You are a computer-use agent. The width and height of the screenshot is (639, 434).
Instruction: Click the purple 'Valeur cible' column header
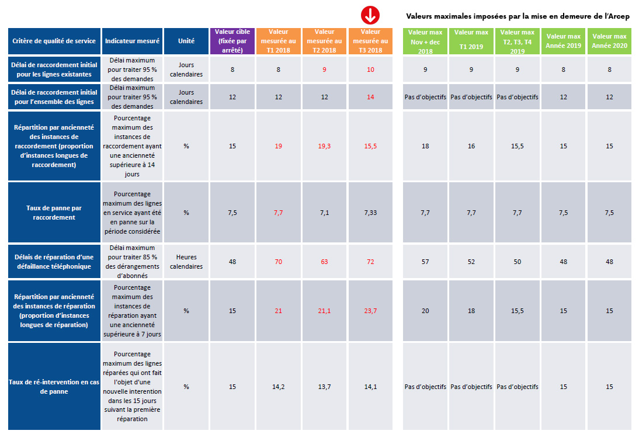click(232, 41)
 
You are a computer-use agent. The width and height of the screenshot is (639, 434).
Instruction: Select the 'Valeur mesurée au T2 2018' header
click(324, 41)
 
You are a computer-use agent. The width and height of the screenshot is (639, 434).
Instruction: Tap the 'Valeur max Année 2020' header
click(609, 41)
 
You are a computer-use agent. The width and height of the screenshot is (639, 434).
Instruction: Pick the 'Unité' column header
click(186, 41)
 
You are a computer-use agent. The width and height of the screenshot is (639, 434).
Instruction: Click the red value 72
click(370, 262)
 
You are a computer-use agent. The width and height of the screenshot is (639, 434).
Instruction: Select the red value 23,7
click(370, 311)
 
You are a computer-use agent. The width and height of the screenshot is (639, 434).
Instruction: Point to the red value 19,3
click(324, 146)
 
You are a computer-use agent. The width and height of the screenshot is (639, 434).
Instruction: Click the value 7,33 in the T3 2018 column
click(370, 213)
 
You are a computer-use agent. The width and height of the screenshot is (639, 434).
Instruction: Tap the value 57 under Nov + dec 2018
click(425, 262)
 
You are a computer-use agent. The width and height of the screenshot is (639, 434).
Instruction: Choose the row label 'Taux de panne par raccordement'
click(54, 213)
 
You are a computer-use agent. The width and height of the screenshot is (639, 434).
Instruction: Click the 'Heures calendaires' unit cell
click(186, 262)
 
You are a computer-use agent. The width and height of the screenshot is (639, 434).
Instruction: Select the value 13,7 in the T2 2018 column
click(324, 387)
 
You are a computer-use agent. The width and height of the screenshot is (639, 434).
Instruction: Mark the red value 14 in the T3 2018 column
click(370, 97)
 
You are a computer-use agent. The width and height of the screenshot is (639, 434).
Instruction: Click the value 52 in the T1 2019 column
click(471, 262)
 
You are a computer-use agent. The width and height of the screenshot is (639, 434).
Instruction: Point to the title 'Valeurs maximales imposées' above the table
click(518, 16)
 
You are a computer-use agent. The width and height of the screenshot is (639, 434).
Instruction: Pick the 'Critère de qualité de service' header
click(54, 41)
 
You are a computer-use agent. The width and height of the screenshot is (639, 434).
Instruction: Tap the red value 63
click(324, 262)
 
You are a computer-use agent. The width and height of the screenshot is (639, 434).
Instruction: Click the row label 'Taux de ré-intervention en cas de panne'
click(54, 387)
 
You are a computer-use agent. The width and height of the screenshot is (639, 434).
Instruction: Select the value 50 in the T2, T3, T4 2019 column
click(518, 262)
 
